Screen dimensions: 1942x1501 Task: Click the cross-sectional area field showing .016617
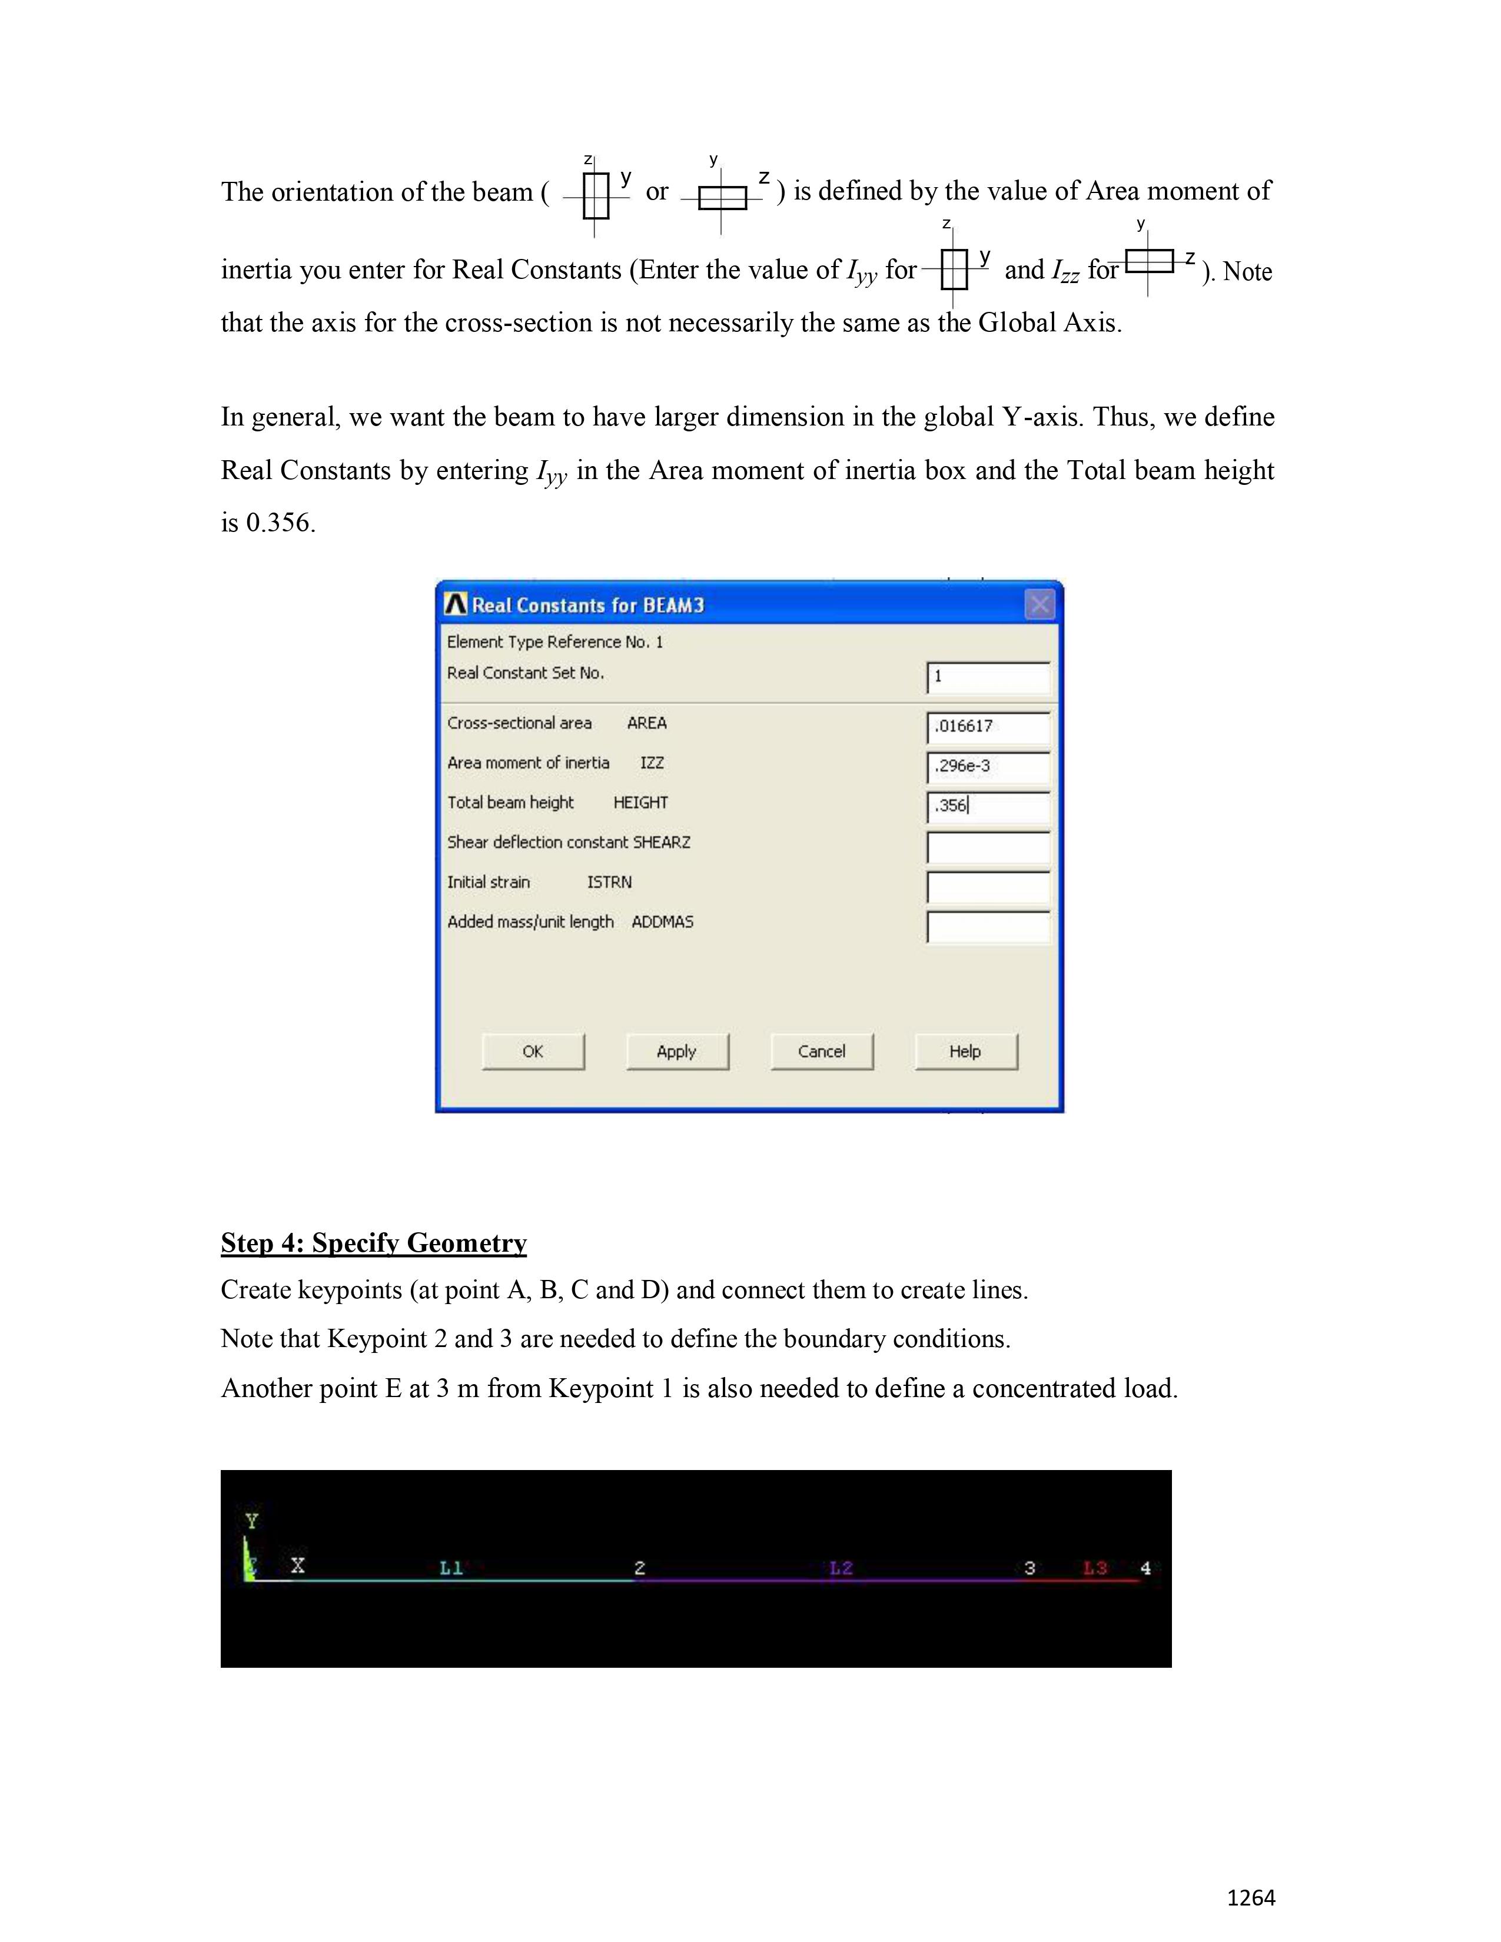point(988,726)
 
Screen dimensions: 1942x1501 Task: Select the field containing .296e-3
point(988,766)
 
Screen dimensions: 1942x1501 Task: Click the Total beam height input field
point(988,806)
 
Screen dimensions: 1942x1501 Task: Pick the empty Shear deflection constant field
point(988,846)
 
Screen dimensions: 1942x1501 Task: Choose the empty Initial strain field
point(988,886)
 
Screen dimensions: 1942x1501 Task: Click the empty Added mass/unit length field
point(988,926)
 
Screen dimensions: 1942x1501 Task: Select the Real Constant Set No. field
point(988,677)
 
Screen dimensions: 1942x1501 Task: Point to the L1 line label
point(451,1568)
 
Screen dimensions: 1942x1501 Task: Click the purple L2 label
point(841,1568)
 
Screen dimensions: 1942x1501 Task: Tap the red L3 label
point(1095,1568)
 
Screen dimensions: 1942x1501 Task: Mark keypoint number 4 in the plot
point(1145,1568)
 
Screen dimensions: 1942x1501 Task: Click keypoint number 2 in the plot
point(639,1568)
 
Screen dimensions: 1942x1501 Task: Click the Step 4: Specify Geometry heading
point(373,1243)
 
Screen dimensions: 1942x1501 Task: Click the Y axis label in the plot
point(253,1521)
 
